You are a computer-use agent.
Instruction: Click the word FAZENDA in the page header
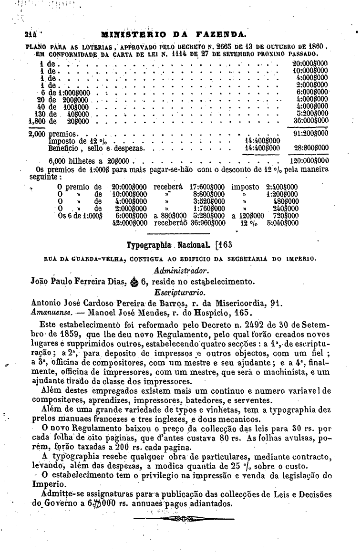click(x=222, y=34)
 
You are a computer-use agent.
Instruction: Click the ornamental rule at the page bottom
click(x=184, y=518)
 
